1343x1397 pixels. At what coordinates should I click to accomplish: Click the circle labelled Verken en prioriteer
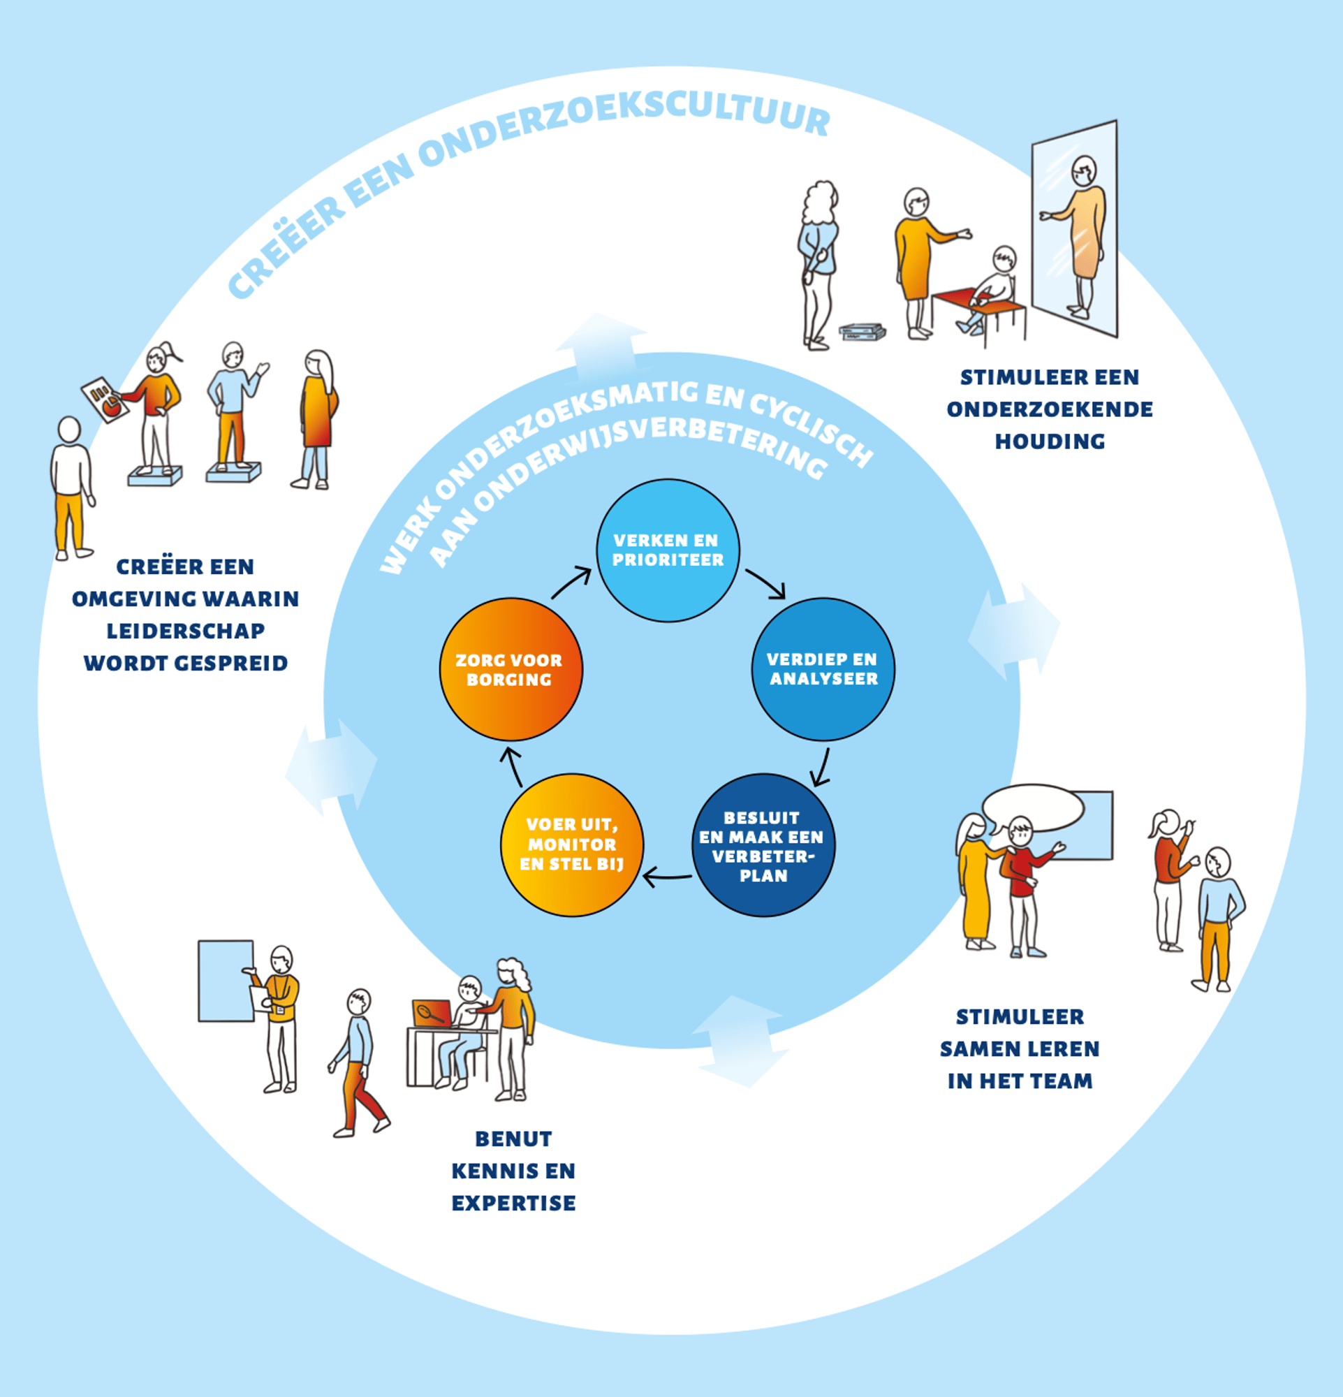(x=668, y=550)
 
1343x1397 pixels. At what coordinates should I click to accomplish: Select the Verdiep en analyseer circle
(x=823, y=669)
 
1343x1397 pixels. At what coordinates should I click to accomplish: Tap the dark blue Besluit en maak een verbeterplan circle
(x=763, y=845)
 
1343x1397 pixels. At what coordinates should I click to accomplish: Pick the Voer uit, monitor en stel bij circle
(x=572, y=844)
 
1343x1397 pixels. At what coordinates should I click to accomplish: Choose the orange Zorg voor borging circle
(x=510, y=669)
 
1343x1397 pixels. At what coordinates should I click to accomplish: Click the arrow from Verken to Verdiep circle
(x=767, y=584)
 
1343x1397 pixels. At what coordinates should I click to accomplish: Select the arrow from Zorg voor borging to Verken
(x=571, y=583)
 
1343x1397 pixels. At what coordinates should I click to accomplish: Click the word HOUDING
(x=1050, y=442)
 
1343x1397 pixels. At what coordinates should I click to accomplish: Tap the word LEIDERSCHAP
(x=185, y=631)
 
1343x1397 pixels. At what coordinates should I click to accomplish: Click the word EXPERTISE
(x=513, y=1203)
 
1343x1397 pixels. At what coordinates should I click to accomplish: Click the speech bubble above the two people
(x=1032, y=808)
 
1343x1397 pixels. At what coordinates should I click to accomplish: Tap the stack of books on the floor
(x=862, y=332)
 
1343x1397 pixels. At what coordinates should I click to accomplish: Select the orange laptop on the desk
(x=431, y=1013)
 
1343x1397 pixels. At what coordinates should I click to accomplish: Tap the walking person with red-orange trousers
(x=360, y=1062)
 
